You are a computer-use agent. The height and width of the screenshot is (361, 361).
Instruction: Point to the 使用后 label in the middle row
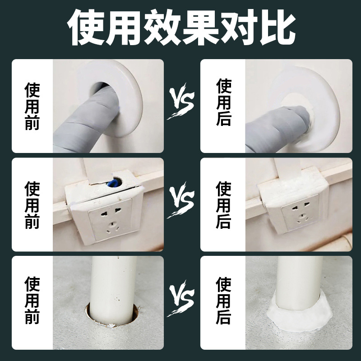pyautogui.click(x=224, y=204)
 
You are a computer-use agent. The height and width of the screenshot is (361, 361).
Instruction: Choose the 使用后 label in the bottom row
pyautogui.click(x=224, y=301)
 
